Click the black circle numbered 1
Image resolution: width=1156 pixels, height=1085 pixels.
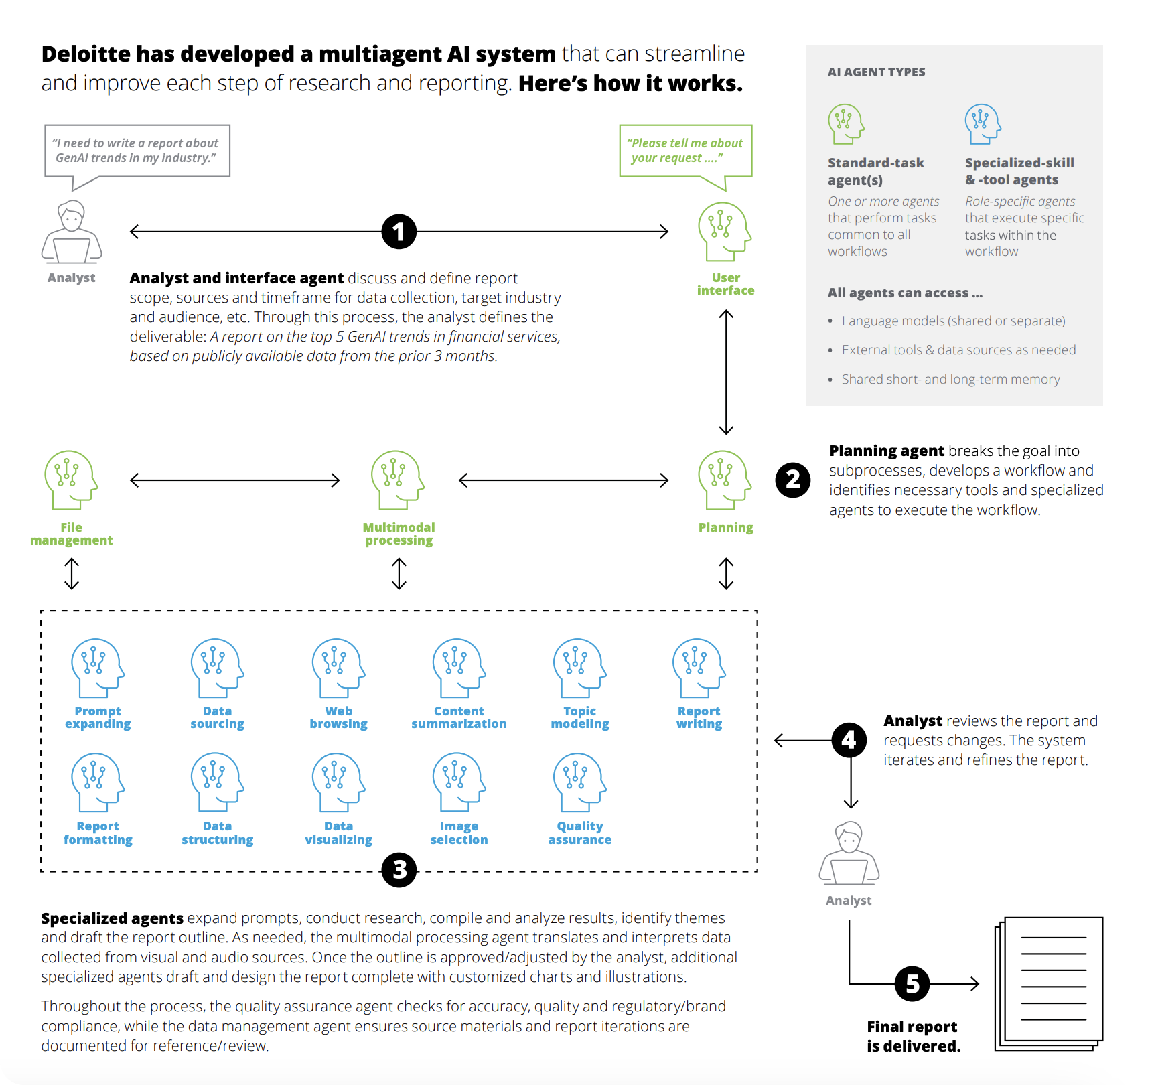pyautogui.click(x=399, y=232)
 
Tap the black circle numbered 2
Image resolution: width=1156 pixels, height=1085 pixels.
pyautogui.click(x=793, y=480)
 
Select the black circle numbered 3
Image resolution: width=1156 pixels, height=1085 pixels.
pyautogui.click(x=399, y=870)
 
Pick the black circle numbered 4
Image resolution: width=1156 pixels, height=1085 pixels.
pyautogui.click(x=849, y=740)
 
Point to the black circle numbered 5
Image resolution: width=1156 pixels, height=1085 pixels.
pyautogui.click(x=912, y=984)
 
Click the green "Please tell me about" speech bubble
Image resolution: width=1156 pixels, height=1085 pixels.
pyautogui.click(x=686, y=151)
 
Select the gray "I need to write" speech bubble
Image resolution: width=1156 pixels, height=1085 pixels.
pyautogui.click(x=137, y=151)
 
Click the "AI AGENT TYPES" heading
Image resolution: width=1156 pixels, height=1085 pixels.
pyautogui.click(x=876, y=72)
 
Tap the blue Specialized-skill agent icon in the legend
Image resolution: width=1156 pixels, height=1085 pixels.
pyautogui.click(x=983, y=124)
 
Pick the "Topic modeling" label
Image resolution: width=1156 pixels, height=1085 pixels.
pyautogui.click(x=580, y=717)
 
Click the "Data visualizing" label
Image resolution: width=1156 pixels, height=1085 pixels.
pyautogui.click(x=338, y=833)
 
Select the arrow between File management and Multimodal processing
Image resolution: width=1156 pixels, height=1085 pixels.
pyautogui.click(x=235, y=480)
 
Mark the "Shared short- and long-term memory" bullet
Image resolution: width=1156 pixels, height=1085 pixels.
pyautogui.click(x=950, y=380)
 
